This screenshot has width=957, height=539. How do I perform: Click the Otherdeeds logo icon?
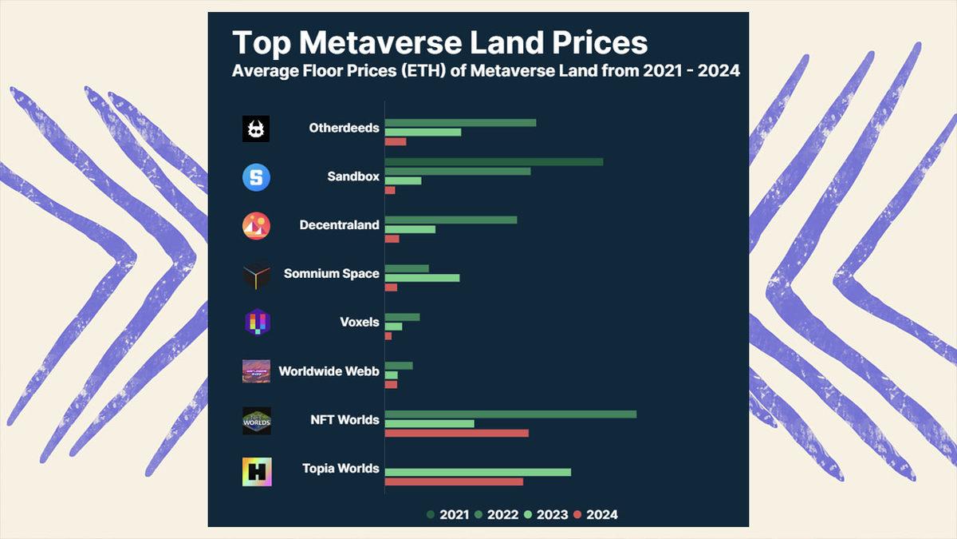point(256,129)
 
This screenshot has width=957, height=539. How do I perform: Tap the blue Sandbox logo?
point(256,177)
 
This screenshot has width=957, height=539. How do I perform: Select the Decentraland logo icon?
point(256,226)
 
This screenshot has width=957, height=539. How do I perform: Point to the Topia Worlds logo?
point(257,471)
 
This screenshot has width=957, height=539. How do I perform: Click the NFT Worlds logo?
point(257,421)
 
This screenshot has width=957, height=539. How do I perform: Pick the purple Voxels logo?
point(256,323)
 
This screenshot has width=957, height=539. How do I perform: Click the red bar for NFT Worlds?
point(456,433)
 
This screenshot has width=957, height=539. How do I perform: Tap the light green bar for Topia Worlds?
point(478,472)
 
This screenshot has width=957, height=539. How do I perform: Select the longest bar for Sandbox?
point(494,161)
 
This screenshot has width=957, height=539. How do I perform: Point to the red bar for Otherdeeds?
point(396,142)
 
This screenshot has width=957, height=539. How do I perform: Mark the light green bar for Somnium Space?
point(422,278)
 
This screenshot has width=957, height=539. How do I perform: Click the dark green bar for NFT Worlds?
point(510,414)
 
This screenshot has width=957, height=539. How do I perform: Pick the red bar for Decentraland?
point(392,239)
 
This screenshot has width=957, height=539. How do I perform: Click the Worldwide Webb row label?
point(329,371)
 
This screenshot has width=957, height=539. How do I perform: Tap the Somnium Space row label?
point(331,274)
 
